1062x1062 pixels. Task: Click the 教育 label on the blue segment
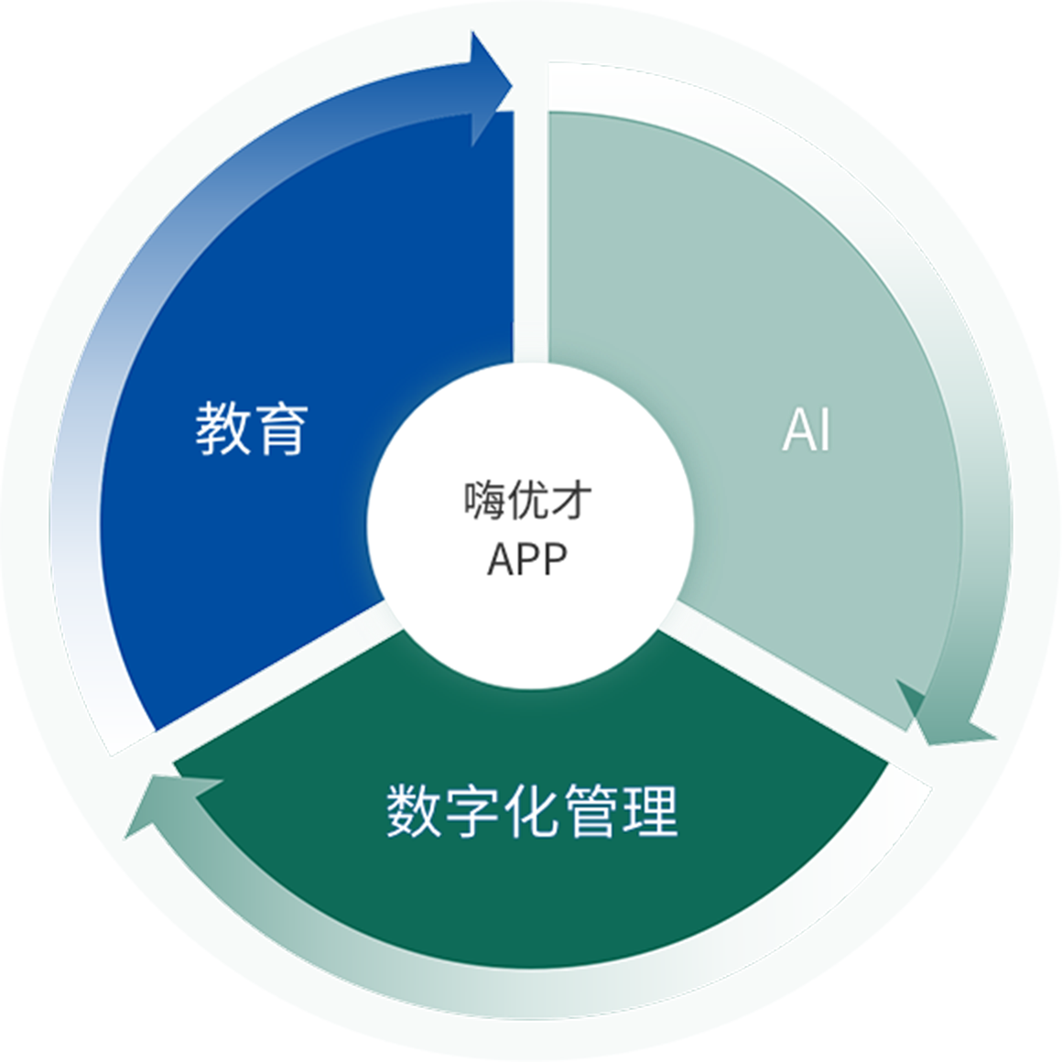pos(252,428)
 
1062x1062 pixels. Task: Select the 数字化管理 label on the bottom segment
pos(532,810)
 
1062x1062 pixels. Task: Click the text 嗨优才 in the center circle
pos(527,501)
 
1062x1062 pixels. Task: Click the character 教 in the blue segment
pos(222,428)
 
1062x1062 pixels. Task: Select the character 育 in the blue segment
pos(281,428)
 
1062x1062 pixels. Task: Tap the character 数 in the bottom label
pos(415,810)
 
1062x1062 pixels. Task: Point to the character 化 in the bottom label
pos(532,810)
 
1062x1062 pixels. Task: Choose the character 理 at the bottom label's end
pos(649,810)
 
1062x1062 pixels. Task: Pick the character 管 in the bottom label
pos(591,810)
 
